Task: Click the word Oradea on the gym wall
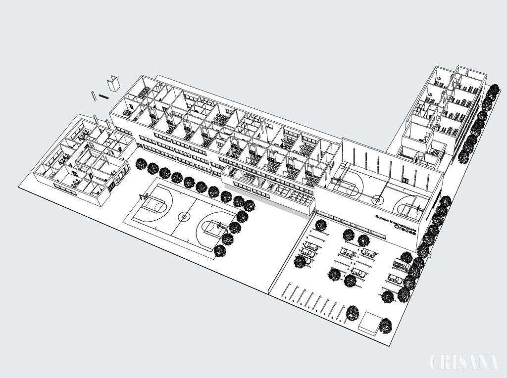[404, 228]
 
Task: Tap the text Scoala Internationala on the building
[395, 221]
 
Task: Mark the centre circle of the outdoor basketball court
[184, 216]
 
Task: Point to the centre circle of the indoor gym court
[378, 200]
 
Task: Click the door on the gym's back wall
[405, 181]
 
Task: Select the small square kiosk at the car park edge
[370, 324]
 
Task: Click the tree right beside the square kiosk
[385, 326]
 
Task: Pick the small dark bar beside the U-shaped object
[103, 96]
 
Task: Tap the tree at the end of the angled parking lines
[352, 313]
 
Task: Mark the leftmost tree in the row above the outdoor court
[141, 164]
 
